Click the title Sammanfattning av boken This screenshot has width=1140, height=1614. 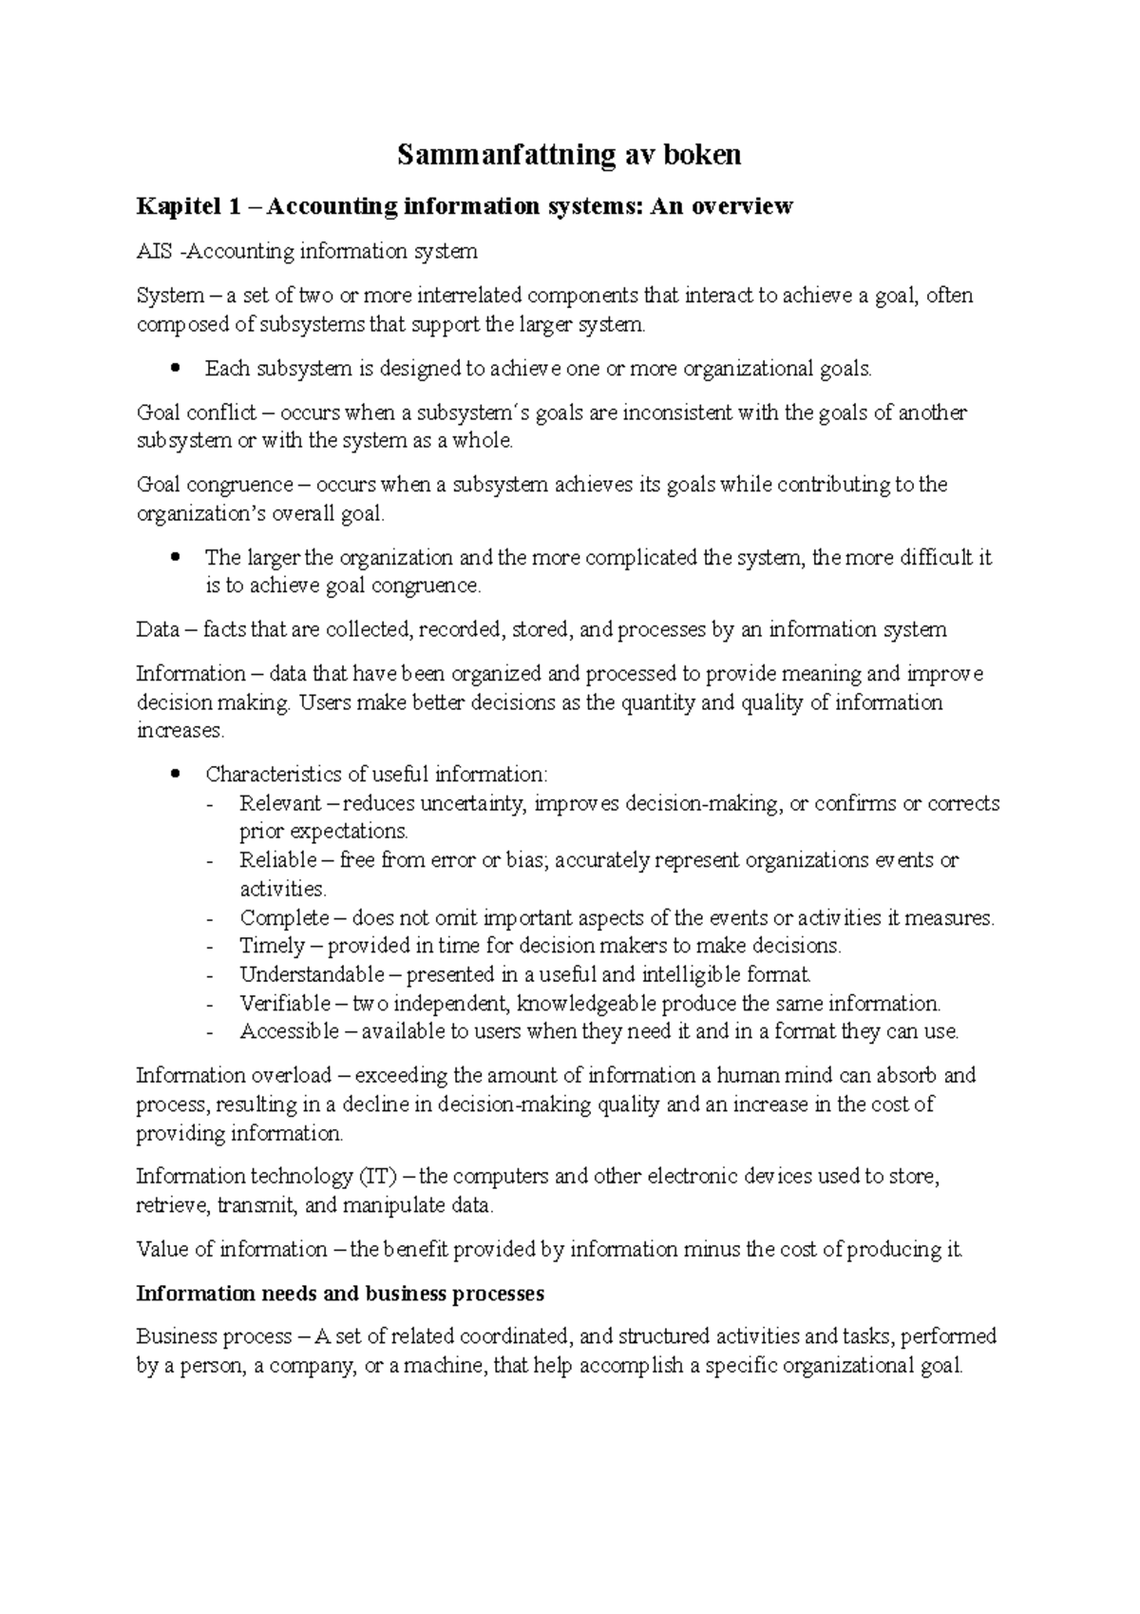coord(568,154)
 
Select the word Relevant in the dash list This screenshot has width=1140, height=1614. coord(280,803)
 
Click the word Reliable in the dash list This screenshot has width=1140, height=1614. coord(278,860)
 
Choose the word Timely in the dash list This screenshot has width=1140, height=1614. coord(273,947)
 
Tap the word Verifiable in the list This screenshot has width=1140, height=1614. coord(285,1004)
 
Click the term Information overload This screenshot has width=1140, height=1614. coord(233,1076)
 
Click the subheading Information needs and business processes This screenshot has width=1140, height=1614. coord(340,1294)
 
